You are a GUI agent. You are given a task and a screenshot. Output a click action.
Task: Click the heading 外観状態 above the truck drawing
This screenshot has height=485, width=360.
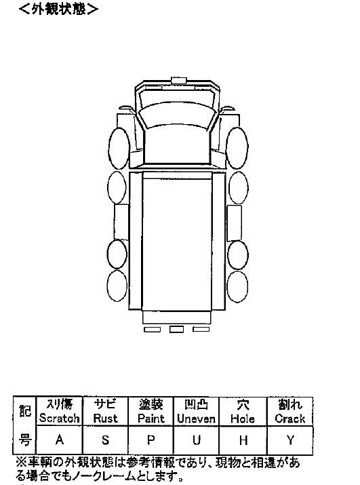click(58, 9)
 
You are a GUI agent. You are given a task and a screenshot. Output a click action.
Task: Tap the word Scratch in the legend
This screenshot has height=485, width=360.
click(60, 419)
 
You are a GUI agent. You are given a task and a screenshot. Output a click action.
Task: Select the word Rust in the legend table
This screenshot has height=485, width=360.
click(106, 419)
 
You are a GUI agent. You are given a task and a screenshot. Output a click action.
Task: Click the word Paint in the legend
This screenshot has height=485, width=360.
click(151, 419)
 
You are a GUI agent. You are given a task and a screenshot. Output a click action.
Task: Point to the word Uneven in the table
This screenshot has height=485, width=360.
click(197, 419)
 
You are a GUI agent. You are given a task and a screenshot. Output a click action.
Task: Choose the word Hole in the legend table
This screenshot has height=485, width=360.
click(243, 419)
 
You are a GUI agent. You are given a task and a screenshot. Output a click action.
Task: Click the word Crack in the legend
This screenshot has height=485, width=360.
click(289, 419)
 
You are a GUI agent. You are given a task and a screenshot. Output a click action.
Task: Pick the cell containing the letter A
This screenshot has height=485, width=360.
click(60, 440)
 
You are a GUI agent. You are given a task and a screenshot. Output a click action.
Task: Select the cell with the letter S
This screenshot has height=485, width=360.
click(106, 440)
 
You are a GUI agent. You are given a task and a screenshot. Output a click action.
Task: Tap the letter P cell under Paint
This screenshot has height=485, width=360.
click(151, 440)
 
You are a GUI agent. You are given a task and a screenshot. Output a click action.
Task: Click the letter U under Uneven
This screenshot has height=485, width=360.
click(197, 440)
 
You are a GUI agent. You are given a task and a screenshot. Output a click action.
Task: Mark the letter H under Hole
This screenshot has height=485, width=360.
click(243, 440)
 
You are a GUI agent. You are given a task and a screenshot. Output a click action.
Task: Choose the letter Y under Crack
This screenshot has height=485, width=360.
click(290, 440)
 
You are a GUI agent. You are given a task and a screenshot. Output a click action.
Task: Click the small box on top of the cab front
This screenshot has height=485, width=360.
click(178, 80)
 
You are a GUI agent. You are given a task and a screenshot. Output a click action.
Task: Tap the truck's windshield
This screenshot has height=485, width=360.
click(177, 115)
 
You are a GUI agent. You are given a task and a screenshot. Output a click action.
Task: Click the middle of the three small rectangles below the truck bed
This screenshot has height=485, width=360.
click(176, 329)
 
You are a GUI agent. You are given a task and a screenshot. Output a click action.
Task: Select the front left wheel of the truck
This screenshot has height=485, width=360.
click(119, 148)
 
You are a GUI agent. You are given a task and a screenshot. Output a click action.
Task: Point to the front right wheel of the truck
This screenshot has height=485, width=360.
click(237, 148)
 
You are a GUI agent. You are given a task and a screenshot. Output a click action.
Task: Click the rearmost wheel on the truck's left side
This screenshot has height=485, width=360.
click(117, 286)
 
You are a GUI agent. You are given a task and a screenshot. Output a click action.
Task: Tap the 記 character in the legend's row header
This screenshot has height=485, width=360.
click(25, 411)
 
